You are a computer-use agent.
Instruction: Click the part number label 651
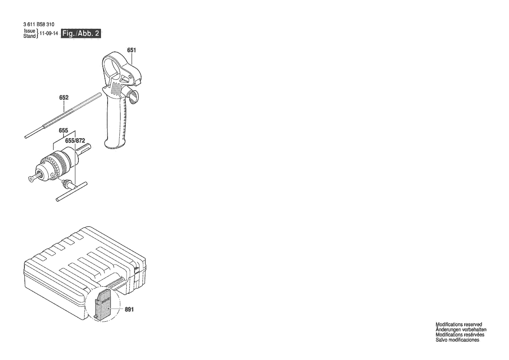pyautogui.click(x=131, y=51)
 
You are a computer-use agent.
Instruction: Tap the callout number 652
pyautogui.click(x=64, y=98)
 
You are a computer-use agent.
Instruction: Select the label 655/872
pyautogui.click(x=75, y=140)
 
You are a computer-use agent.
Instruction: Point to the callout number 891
pyautogui.click(x=129, y=309)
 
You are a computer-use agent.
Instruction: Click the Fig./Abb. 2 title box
pyautogui.click(x=81, y=34)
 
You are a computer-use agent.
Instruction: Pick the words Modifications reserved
pyautogui.click(x=458, y=324)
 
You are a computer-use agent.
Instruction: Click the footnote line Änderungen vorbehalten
pyautogui.click(x=461, y=329)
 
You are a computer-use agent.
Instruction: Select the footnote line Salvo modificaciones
pyautogui.click(x=457, y=340)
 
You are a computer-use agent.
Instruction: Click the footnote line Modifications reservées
pyautogui.click(x=459, y=335)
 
